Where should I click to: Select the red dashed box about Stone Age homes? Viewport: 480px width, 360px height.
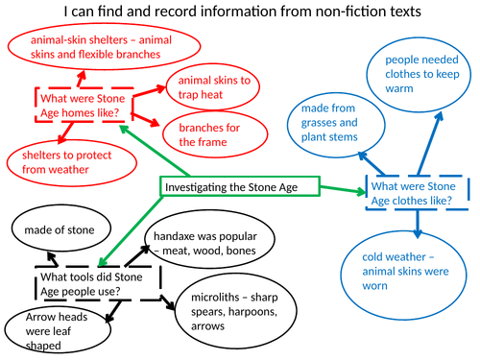click(x=84, y=102)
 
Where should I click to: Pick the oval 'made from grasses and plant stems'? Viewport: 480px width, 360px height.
click(x=329, y=130)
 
